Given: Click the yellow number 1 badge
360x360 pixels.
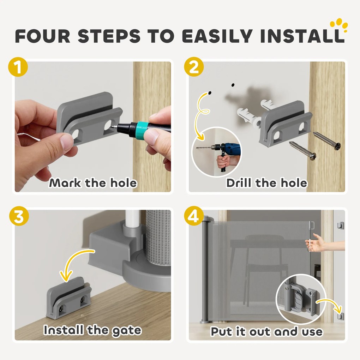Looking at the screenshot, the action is (x=18, y=67).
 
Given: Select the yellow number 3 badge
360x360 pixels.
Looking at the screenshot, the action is (x=19, y=216).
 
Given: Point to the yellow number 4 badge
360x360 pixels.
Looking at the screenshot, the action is (x=194, y=216).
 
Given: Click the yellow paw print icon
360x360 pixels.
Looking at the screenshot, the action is (x=339, y=25).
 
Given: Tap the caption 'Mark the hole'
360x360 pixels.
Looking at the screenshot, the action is (x=93, y=183).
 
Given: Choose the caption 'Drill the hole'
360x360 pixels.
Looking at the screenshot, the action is (x=266, y=183).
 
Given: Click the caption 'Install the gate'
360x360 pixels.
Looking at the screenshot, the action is (x=92, y=331).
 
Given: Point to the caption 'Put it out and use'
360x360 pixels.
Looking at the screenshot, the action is (x=266, y=331).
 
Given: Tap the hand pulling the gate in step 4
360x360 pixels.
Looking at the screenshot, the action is (x=324, y=242).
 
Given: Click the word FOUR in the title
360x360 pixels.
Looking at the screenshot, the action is (x=43, y=36).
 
